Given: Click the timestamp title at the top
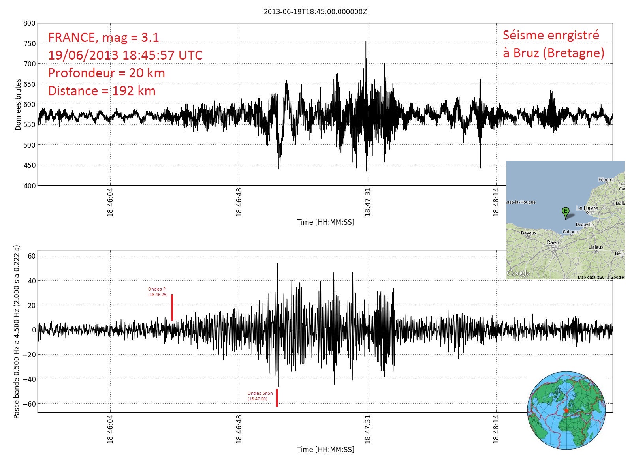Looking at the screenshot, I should [315, 12].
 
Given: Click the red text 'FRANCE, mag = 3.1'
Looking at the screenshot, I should [103, 38].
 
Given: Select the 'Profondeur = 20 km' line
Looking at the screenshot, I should [106, 73].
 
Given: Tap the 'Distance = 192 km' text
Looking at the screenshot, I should [102, 91].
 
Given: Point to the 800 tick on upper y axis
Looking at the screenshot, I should [30, 23].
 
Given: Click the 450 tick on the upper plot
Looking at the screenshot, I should [30, 165].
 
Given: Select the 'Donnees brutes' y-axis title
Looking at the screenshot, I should [18, 105].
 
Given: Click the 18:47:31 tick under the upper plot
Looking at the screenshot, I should [368, 202].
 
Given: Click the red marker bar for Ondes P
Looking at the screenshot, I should [172, 308].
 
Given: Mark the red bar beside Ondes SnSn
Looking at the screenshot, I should [277, 398].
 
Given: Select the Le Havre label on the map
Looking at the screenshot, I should [587, 208].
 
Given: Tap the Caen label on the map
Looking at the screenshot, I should [553, 242].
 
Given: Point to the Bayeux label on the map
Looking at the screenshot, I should [529, 233].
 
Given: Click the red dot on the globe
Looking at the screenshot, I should [566, 411].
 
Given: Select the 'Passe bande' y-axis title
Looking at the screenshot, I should [17, 332].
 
